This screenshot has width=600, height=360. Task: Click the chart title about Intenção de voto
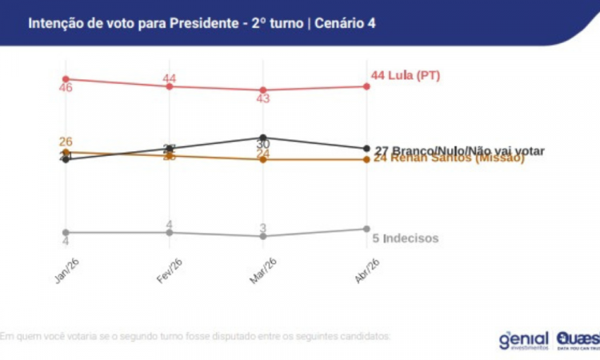(202, 23)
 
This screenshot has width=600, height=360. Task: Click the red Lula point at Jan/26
(66, 78)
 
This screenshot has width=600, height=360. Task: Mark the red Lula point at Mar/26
(263, 90)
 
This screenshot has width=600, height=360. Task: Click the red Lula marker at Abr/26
(366, 86)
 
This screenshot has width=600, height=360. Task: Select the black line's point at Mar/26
(263, 137)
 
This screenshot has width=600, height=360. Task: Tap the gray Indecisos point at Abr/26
(366, 229)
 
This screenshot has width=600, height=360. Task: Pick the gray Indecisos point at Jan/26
(66, 232)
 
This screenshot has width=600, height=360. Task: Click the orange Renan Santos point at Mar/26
(263, 159)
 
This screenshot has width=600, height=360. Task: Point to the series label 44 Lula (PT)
(406, 76)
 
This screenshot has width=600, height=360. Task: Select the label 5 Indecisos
(406, 238)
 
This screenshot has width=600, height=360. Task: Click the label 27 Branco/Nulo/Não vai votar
(459, 150)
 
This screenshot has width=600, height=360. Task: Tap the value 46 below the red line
(66, 88)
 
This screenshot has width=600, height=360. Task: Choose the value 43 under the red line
(263, 99)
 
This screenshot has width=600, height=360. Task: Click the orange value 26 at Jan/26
(66, 142)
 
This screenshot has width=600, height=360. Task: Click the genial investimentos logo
(523, 339)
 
